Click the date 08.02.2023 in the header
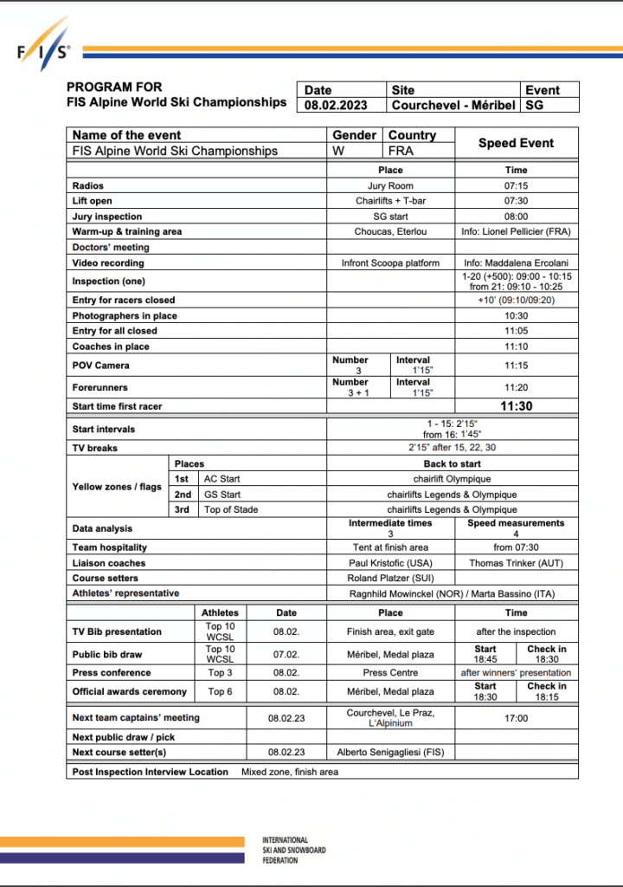click(336, 106)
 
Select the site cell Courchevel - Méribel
click(453, 106)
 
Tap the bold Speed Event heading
click(516, 143)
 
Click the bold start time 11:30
click(516, 405)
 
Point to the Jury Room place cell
click(390, 186)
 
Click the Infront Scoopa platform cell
click(390, 262)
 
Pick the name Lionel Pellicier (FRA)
click(517, 231)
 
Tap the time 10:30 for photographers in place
click(516, 316)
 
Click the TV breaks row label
click(95, 448)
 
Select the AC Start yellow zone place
click(222, 479)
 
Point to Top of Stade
click(231, 509)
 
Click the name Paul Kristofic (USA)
click(390, 563)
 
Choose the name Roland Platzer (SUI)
click(390, 578)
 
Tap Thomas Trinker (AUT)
click(516, 563)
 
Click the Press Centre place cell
click(390, 672)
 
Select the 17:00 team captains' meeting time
click(516, 718)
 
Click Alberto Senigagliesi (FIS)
click(390, 753)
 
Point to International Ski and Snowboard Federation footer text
click(294, 850)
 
